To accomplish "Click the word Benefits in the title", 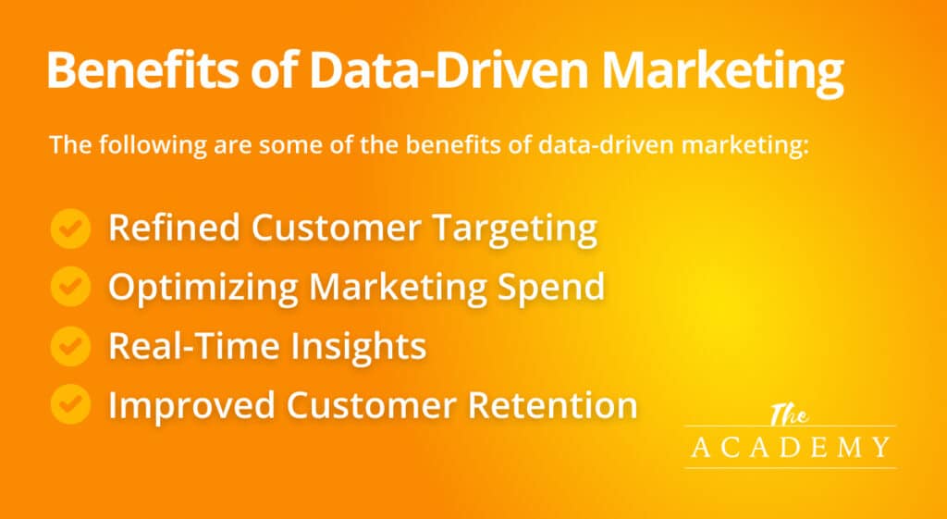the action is (141, 70).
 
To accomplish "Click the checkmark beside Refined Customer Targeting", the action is (70, 229).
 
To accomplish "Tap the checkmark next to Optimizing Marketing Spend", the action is (70, 287).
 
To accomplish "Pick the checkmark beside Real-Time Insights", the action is (70, 346).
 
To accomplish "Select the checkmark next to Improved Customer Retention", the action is (70, 404).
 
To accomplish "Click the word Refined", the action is (173, 228).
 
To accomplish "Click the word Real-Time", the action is (193, 345).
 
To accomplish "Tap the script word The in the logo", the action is (789, 415).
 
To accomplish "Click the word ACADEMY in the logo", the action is (791, 447).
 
